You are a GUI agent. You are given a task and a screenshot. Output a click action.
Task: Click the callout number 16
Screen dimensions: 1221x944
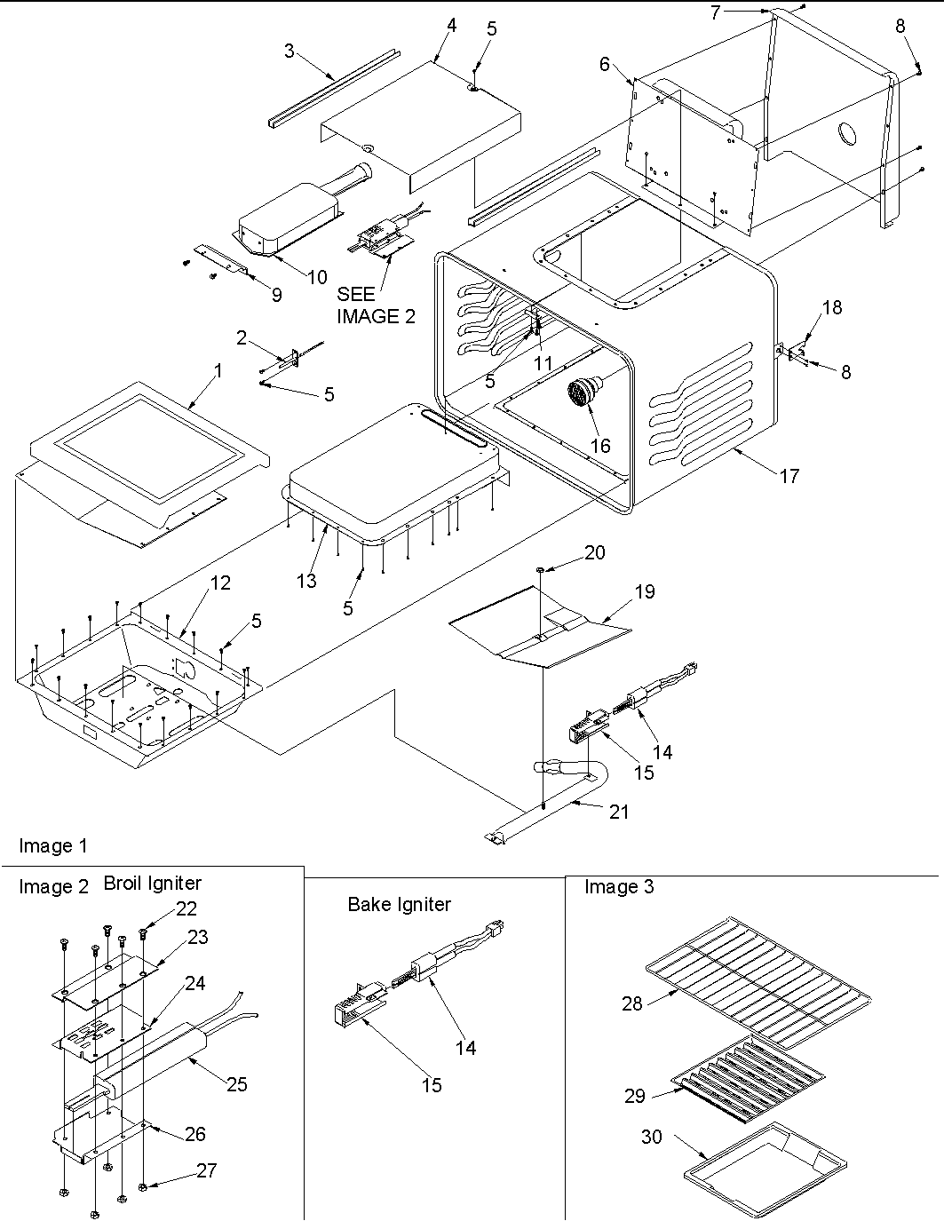click(601, 445)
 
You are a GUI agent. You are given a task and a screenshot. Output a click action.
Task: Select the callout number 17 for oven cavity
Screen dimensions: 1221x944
click(789, 476)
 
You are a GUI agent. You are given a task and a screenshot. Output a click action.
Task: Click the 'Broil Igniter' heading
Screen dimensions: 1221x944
click(152, 883)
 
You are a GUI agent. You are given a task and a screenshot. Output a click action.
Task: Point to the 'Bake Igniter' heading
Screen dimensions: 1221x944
click(399, 904)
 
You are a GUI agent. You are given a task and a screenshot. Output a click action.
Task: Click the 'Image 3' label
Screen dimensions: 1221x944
click(619, 886)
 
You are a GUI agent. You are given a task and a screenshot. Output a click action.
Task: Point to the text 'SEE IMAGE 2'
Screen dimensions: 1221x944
click(375, 304)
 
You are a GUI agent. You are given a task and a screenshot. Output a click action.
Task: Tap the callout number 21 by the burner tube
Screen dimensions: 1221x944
click(619, 811)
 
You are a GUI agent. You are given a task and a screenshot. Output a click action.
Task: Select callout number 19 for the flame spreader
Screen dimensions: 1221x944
click(644, 591)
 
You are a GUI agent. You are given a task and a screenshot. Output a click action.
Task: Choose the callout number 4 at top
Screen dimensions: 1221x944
click(451, 25)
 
